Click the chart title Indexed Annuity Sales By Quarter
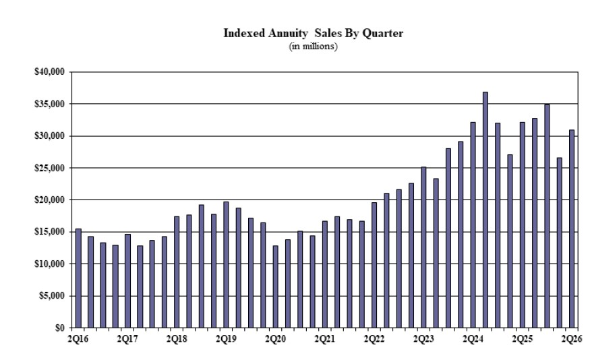coord(313,33)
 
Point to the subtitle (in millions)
coord(313,47)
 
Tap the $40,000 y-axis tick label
coord(49,71)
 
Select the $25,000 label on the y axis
coord(49,168)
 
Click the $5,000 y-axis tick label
coord(51,296)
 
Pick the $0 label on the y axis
coord(60,328)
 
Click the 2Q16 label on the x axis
coord(78,339)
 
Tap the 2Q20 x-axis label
coord(275,339)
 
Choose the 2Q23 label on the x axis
coord(423,339)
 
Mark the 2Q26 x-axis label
coord(572,339)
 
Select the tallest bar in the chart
coord(485,210)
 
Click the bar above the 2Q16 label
coord(78,278)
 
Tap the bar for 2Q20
coord(275,287)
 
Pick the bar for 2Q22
coord(374,265)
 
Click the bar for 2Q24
coord(473,225)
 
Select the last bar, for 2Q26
coord(572,229)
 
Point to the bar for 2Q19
coord(226,265)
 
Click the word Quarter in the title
coord(383,33)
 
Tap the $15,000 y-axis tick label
coord(49,232)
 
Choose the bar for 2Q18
coord(177,272)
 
